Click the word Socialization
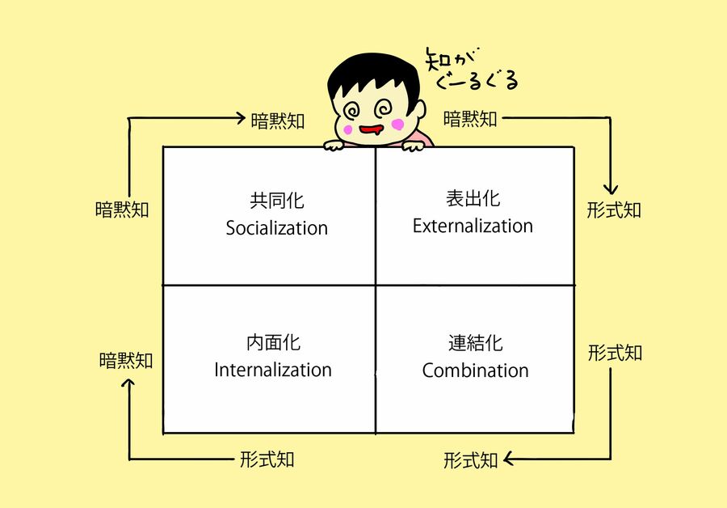click(277, 228)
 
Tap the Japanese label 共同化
click(277, 200)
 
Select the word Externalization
click(473, 226)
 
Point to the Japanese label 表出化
click(473, 198)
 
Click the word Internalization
click(273, 370)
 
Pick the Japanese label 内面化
click(273, 342)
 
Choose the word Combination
click(475, 371)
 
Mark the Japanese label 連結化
click(475, 343)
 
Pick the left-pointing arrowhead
click(509, 460)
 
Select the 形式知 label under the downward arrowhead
click(614, 210)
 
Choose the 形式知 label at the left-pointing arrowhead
click(471, 461)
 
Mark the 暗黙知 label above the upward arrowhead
click(126, 360)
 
